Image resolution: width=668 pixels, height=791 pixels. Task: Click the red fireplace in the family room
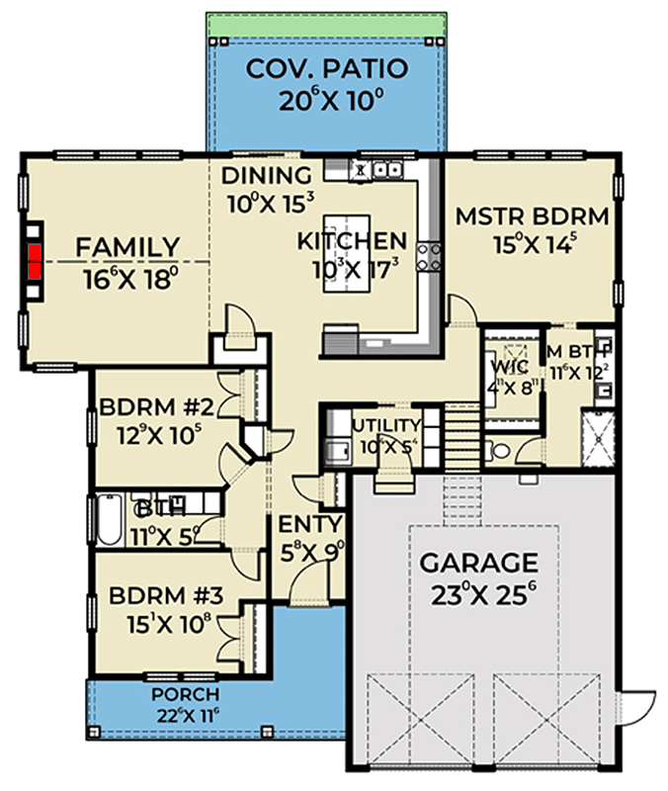(36, 262)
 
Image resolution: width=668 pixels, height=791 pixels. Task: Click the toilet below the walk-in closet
(501, 450)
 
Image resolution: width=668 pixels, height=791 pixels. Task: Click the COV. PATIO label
(326, 70)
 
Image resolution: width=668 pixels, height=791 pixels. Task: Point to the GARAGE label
(479, 564)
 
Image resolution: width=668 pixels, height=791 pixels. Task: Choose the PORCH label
(180, 693)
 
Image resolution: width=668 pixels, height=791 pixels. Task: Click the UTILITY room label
(387, 426)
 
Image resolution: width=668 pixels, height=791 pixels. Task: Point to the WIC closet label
(508, 367)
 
